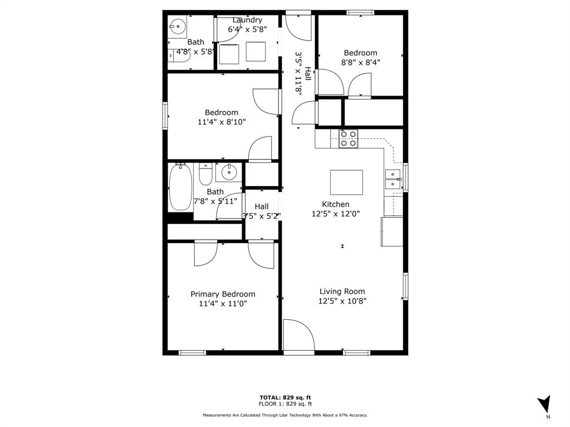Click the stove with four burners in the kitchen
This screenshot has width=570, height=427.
(x=348, y=138)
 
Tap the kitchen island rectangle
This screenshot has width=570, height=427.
(x=346, y=181)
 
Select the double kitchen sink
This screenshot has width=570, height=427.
(x=392, y=178)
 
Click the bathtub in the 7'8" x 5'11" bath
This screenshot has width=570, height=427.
(x=180, y=187)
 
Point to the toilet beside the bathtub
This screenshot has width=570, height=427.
(x=205, y=174)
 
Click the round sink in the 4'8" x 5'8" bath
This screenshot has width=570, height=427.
(x=178, y=26)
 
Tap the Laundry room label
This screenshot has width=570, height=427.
(x=247, y=20)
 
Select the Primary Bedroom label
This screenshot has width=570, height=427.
(x=223, y=294)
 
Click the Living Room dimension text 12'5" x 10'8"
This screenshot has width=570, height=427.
(x=342, y=301)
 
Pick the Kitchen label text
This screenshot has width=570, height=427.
(x=336, y=204)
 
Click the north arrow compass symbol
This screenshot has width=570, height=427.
(x=545, y=404)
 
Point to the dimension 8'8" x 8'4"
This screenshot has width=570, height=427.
(x=360, y=63)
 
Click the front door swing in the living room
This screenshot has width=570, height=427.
(x=298, y=335)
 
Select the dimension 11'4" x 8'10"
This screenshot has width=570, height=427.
(x=221, y=122)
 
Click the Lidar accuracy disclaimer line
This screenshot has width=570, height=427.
(x=285, y=415)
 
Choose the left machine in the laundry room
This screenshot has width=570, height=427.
(x=229, y=53)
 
